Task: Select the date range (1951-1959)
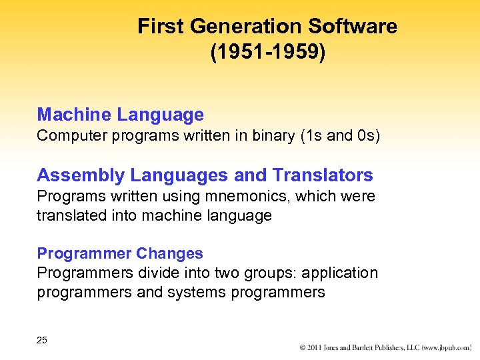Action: point(268,52)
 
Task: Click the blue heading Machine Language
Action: point(120,115)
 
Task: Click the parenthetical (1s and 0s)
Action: point(340,136)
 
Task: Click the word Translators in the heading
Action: point(323,175)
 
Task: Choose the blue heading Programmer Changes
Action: point(120,253)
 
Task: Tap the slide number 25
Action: point(42,340)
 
